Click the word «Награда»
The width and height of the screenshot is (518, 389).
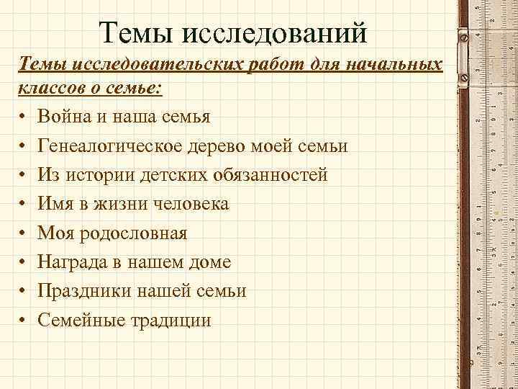(x=76, y=261)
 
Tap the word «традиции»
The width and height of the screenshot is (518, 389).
(x=173, y=320)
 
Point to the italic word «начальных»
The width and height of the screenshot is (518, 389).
(x=391, y=66)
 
